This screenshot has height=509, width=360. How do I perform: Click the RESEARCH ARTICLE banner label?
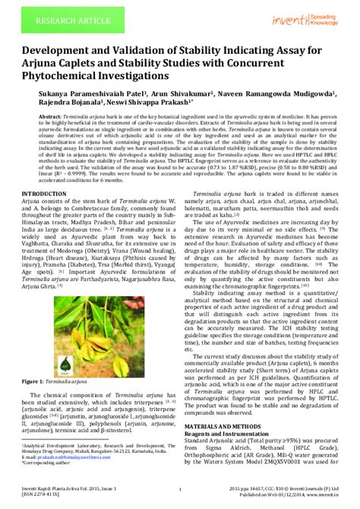pyautogui.click(x=52, y=15)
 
